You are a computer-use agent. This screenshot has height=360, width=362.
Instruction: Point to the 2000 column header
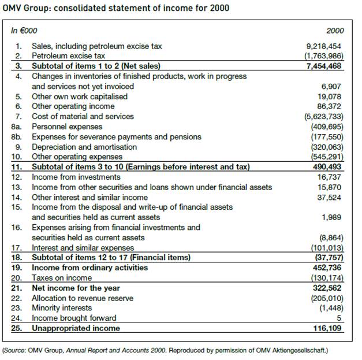coord(334,29)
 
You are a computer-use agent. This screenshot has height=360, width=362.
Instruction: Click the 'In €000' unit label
coord(23,29)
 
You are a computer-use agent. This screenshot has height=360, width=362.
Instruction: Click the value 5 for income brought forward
coord(340,318)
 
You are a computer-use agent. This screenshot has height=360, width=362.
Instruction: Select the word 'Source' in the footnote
coord(17,350)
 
